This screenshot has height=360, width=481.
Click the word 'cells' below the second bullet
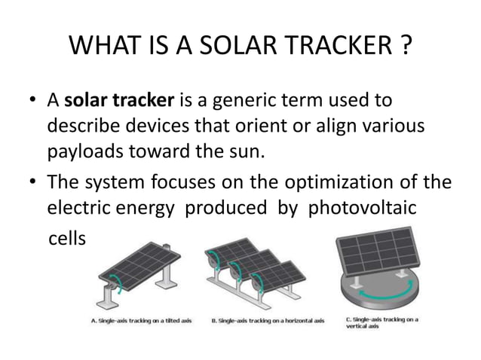coord(67,238)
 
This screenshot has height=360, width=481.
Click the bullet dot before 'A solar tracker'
coord(32,102)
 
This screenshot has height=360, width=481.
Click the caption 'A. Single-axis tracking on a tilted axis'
coord(141,320)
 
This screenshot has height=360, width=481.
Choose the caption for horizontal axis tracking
coord(267,320)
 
